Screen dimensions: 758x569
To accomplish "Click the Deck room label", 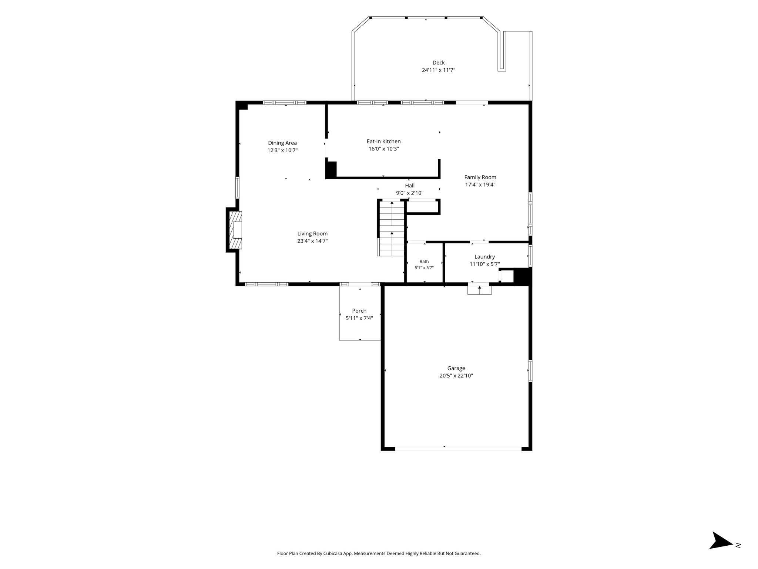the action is [439, 63].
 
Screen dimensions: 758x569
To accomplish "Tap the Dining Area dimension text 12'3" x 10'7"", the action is [282, 150].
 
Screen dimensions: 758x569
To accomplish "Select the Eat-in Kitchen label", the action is [383, 142].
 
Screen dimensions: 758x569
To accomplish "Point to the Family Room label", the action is [480, 177].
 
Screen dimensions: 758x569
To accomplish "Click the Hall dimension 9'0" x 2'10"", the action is [410, 193].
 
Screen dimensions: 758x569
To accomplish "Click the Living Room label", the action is [312, 234].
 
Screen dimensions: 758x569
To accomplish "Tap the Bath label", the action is [424, 262].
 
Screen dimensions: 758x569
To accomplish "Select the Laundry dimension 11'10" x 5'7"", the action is [484, 264].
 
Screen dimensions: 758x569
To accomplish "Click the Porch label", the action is [359, 311].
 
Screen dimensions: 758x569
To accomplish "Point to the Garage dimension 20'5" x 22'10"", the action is [456, 376].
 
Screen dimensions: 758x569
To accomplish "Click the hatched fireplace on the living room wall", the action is [235, 230].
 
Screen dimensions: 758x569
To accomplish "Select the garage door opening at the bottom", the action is [458, 449].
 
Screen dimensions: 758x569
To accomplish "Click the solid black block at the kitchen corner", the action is [331, 170].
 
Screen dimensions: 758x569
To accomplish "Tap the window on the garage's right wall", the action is [530, 371].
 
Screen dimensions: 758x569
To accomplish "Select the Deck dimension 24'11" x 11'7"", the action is [439, 70].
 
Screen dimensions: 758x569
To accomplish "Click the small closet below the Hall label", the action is [423, 207].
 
